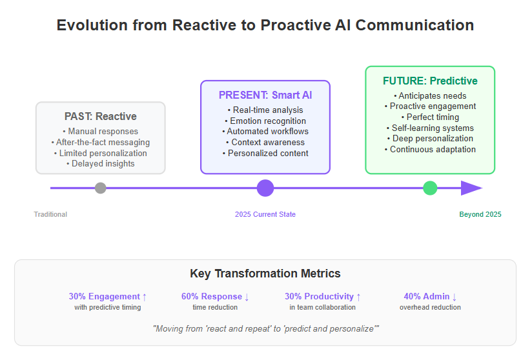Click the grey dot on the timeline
click(101, 188)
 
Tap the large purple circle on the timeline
click(265, 188)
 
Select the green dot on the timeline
click(430, 188)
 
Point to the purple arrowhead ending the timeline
click(471, 188)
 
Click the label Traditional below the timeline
click(50, 214)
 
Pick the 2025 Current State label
click(265, 214)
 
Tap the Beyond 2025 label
click(480, 214)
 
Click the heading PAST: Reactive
click(101, 116)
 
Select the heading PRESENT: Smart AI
click(265, 95)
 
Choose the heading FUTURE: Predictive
click(430, 81)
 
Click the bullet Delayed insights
click(101, 164)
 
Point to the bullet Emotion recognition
click(265, 121)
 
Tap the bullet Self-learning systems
click(430, 128)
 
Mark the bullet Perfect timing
click(430, 117)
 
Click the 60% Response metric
click(215, 297)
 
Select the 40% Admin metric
click(430, 297)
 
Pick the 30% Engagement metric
click(108, 297)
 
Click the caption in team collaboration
click(323, 307)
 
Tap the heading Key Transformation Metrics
click(265, 274)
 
